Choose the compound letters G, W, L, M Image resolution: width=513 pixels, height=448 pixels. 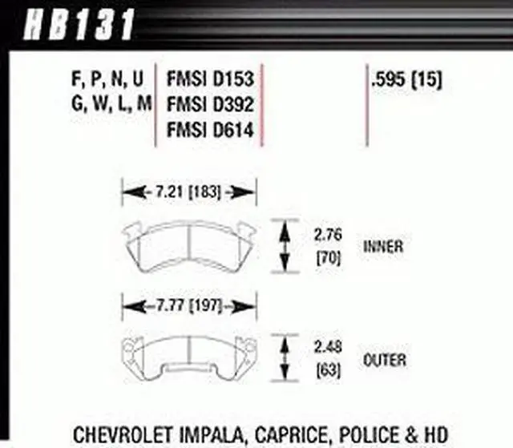pyautogui.click(x=104, y=104)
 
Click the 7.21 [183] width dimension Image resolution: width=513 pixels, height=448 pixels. pyautogui.click(x=188, y=192)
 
